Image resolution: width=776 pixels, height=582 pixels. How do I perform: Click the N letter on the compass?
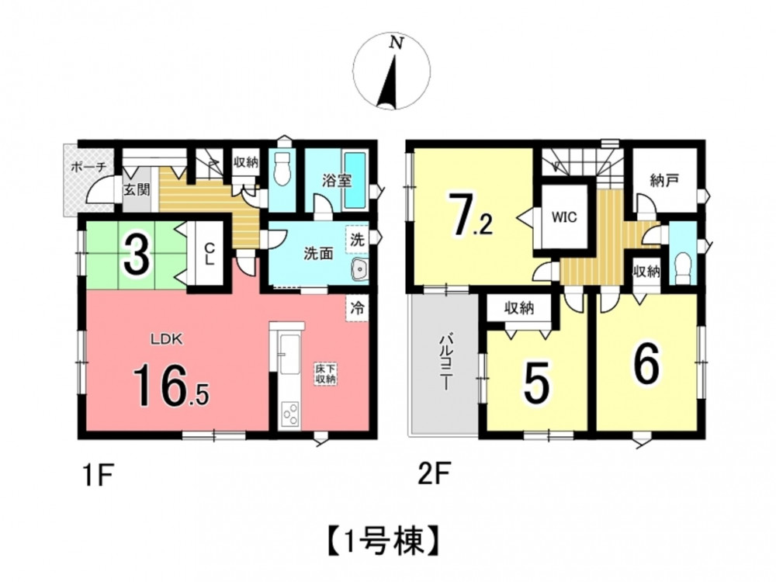pos(396,43)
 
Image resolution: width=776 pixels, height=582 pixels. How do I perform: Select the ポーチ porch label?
pos(89,167)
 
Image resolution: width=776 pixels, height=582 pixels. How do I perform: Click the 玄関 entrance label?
pos(137,189)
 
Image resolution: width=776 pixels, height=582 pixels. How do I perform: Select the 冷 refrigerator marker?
pos(357,308)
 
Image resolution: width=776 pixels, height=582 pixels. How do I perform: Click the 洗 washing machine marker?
pos(357,240)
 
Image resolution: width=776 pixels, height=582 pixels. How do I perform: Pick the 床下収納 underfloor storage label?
pos(327,375)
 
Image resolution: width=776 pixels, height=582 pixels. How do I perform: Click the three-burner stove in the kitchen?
pos(289,414)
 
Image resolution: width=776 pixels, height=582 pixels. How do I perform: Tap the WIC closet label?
pos(564,217)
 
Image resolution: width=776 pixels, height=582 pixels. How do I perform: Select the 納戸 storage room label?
pos(664,181)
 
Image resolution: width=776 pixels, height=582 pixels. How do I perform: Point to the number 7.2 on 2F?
pos(469,217)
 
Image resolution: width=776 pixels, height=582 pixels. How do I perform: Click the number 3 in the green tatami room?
pos(137,256)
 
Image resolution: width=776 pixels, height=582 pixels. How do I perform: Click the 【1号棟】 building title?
pos(383,542)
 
